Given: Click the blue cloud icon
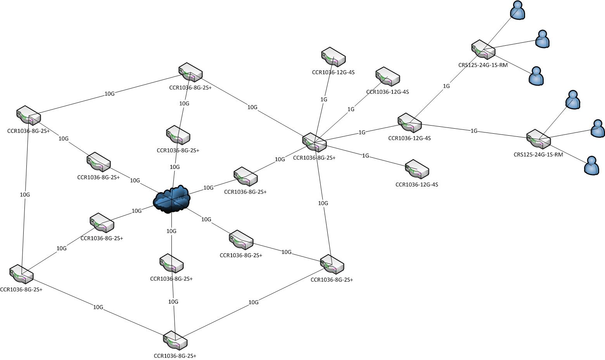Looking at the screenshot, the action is pos(172,199).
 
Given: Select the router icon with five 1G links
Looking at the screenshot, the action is pos(315,142).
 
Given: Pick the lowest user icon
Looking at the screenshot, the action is pos(591,165).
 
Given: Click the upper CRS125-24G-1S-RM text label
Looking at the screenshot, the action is pos(483,65).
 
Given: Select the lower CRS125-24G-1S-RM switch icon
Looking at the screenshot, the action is pos(539,139).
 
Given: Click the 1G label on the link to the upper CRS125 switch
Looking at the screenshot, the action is pos(446,86).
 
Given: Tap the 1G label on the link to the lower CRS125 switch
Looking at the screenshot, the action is pos(474,131).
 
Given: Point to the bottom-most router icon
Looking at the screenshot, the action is pos(175,341).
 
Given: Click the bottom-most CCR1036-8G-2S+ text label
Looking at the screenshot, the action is pos(175,356).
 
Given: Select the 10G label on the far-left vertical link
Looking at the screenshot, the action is pos(25,195).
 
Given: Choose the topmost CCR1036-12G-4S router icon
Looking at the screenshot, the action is pos(334,57).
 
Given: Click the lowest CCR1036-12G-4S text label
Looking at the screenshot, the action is pos(417,184).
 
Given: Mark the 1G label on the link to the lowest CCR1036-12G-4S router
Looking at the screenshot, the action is pos(365,156).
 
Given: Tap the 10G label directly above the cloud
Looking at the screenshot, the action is pos(175,167).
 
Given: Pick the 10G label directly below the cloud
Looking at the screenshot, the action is pos(171,231).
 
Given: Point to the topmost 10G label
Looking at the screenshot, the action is pos(110,94).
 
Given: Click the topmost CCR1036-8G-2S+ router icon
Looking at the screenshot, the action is pos(190,72).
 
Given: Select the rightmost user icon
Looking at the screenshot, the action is pos(598,128).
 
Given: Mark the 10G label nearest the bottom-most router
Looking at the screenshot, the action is pos(173,302).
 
